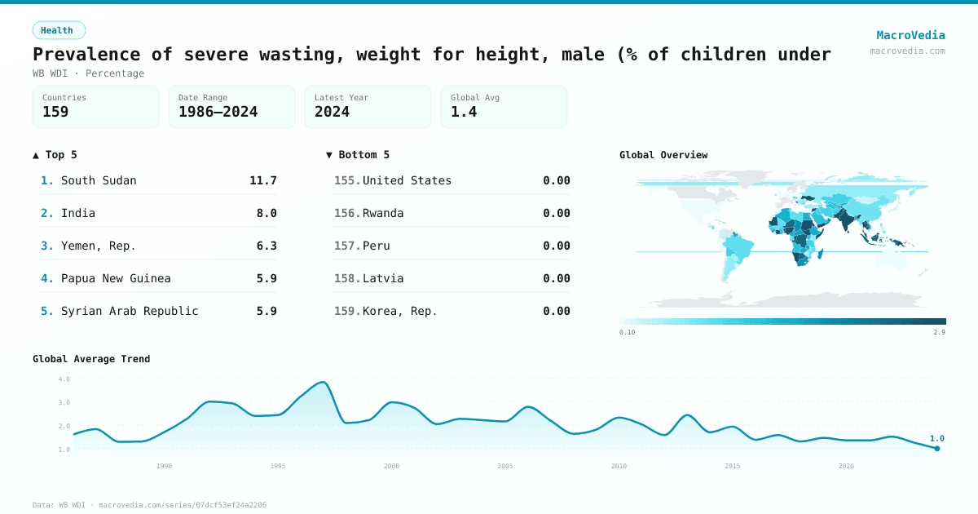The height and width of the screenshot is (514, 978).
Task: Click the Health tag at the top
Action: click(58, 30)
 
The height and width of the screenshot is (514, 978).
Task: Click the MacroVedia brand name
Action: click(910, 35)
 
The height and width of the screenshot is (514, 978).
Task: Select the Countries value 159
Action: click(55, 112)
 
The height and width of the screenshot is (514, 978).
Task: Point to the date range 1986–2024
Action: click(218, 112)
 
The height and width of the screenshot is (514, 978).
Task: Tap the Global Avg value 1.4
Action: click(464, 112)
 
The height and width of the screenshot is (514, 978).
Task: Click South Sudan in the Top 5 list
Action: click(99, 180)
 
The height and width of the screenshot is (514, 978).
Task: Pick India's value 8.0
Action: click(267, 213)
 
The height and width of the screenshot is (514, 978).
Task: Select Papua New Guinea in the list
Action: click(116, 278)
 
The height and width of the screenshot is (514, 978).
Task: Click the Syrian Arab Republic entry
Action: click(130, 311)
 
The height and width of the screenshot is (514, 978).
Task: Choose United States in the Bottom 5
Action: click(407, 180)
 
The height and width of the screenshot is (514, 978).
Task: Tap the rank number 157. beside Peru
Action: click(347, 246)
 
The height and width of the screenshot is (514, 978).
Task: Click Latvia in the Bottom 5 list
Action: click(383, 278)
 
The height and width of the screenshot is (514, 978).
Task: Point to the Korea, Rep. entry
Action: click(400, 311)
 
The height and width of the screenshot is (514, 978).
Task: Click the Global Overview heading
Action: click(663, 155)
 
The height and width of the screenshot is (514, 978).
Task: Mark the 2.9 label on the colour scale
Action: click(940, 333)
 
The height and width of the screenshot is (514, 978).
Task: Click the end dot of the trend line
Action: click(937, 448)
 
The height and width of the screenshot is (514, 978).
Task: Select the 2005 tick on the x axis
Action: click(505, 466)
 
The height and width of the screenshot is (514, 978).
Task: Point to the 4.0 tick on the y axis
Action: click(64, 379)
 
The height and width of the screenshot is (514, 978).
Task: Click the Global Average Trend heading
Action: click(91, 359)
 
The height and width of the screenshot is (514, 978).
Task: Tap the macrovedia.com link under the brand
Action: click(907, 51)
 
